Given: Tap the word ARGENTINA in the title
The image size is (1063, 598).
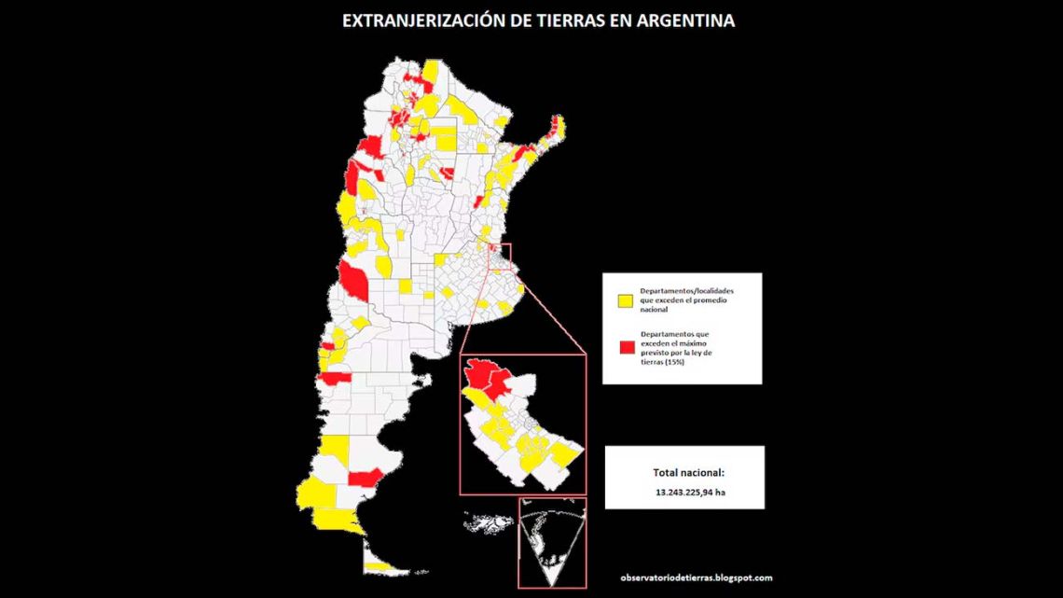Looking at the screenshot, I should tap(686, 21).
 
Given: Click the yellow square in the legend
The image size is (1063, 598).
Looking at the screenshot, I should tap(627, 300).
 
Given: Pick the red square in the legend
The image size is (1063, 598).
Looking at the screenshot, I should tap(627, 347).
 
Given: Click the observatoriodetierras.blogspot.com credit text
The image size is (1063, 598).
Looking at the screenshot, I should tap(696, 577).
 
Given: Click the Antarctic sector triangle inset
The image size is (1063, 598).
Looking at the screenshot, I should tap(552, 546).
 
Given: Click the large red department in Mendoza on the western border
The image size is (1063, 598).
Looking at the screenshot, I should tap(354, 278).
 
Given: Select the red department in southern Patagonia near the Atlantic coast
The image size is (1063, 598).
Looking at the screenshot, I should tap(365, 478).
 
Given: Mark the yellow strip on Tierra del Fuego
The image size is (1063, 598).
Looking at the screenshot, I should tap(379, 565).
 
